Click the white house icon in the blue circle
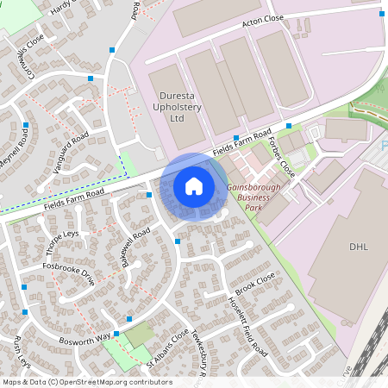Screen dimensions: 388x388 [194, 185]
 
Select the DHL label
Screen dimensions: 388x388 [358, 247]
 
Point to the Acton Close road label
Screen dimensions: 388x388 [263, 22]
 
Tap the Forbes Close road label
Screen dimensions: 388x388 [282, 157]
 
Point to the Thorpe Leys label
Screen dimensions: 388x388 [61, 242]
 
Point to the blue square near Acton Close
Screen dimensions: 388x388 [380, 14]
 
